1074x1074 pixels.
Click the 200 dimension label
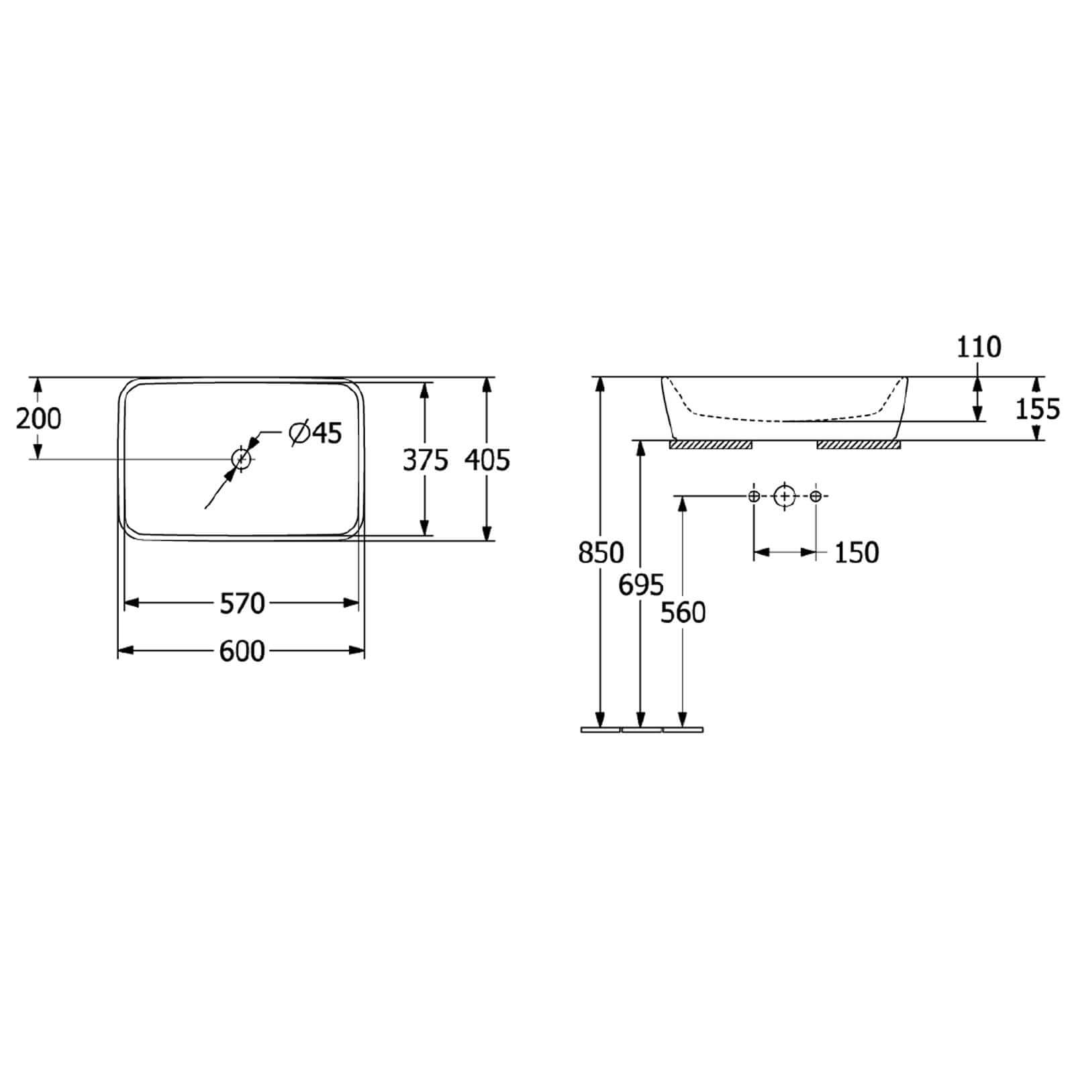click(x=38, y=419)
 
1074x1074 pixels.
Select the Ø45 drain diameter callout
click(x=315, y=433)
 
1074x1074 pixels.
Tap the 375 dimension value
click(x=425, y=460)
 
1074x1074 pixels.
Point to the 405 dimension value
click(x=487, y=460)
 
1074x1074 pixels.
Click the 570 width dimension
click(x=242, y=603)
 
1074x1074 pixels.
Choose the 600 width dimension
click(x=242, y=651)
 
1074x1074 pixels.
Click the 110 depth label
click(x=979, y=347)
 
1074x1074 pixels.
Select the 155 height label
click(x=1037, y=409)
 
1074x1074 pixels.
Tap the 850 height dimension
click(x=601, y=553)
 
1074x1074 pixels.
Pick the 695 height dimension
click(x=641, y=585)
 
